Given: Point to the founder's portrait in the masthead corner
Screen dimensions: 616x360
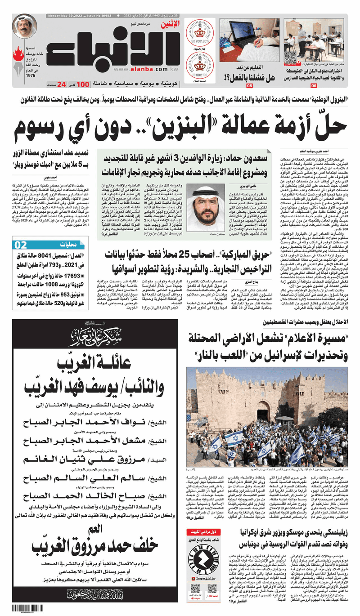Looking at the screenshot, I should click(x=25, y=27).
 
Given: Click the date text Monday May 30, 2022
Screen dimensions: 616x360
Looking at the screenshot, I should click(x=63, y=16).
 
